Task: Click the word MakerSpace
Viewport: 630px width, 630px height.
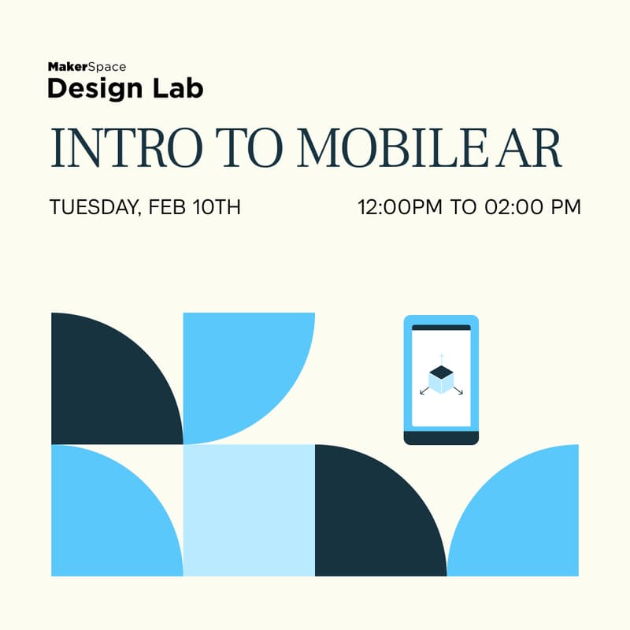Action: click(87, 67)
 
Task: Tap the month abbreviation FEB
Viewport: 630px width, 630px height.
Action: click(168, 208)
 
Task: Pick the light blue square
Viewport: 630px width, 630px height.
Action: click(249, 510)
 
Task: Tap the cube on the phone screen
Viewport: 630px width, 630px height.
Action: click(441, 378)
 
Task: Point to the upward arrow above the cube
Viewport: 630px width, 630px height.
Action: click(441, 358)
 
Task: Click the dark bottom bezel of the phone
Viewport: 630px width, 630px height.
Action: click(441, 437)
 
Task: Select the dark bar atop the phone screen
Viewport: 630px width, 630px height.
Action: click(441, 327)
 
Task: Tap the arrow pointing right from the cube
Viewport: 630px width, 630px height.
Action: click(458, 391)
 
